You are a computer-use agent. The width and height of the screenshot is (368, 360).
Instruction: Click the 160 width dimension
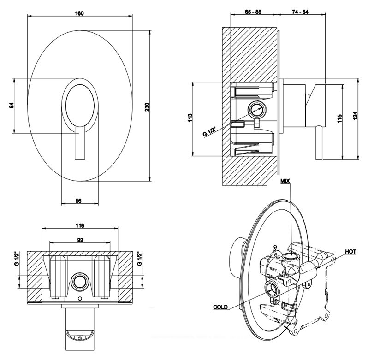[80, 13]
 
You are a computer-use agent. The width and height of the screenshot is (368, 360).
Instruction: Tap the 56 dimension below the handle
[78, 201]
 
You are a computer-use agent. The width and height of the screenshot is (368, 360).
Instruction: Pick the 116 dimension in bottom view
[79, 226]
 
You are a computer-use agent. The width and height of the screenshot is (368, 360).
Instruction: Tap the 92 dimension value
[79, 240]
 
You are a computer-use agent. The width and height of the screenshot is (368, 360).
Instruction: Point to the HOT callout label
[350, 252]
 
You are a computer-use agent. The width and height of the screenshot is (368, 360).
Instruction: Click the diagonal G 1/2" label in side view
[210, 129]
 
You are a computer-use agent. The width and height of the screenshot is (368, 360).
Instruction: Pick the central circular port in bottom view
[79, 283]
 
